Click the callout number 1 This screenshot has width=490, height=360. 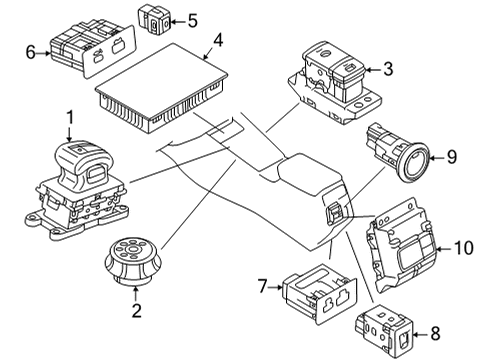tap(69, 121)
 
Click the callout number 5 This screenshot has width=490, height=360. tap(192, 19)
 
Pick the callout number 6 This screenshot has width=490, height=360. tap(30, 52)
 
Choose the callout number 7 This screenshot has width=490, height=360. tap(262, 287)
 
